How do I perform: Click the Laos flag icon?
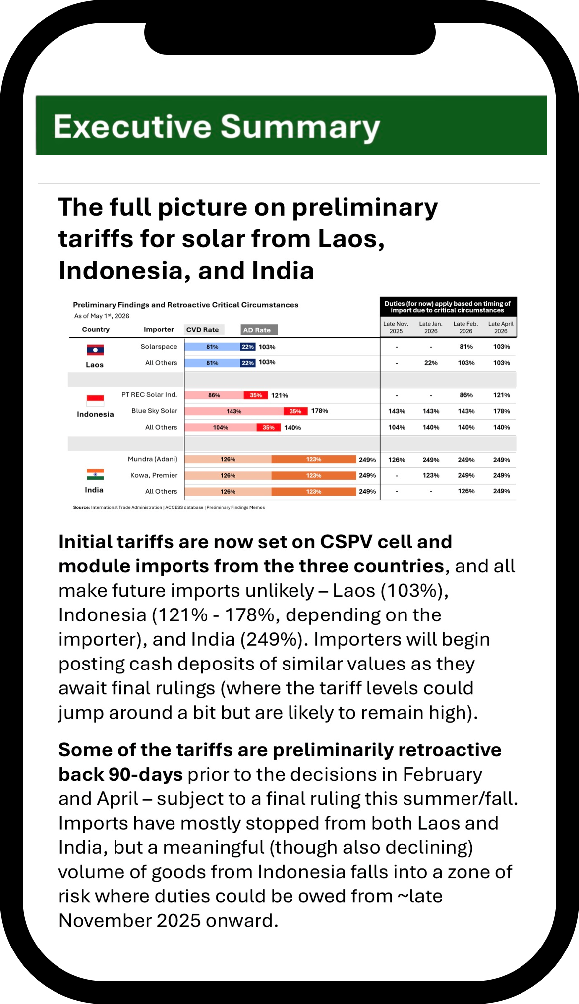[95, 350]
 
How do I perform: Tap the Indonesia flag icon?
[95, 400]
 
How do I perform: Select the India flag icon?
[95, 475]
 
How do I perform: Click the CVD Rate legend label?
[202, 330]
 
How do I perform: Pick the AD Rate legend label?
[257, 330]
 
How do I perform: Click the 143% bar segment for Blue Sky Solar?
[234, 411]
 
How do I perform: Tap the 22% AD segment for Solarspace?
[248, 347]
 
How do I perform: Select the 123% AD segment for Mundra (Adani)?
[314, 459]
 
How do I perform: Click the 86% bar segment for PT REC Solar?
[214, 395]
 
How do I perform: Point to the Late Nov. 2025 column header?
[396, 327]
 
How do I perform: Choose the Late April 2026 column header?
[501, 327]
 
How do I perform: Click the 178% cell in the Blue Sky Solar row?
[502, 411]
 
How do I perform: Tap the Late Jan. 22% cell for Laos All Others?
[431, 363]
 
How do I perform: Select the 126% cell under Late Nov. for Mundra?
[397, 460]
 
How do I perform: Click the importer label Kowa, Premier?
[154, 475]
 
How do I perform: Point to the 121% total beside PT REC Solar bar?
[280, 395]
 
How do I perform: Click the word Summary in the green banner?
[300, 127]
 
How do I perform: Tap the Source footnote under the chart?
[169, 507]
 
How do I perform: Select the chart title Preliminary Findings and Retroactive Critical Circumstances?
[186, 305]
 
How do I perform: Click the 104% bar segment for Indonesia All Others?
[221, 427]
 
